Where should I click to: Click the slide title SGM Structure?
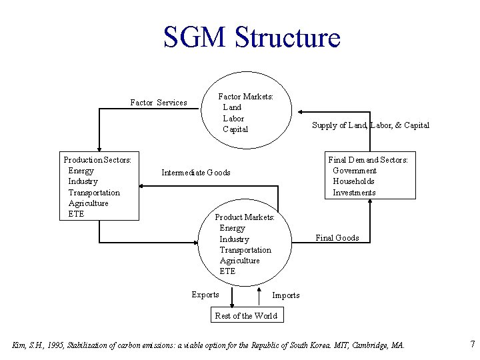(251, 37)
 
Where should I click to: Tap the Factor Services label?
(158, 103)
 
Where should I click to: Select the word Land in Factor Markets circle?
(232, 107)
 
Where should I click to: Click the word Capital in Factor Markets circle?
(235, 129)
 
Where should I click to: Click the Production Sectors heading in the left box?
(97, 159)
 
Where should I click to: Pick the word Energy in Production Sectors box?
(81, 171)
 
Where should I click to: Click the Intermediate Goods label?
(195, 173)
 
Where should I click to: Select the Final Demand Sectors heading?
(368, 159)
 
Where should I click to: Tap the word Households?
(353, 181)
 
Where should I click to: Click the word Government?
(355, 171)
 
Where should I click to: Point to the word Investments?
(354, 193)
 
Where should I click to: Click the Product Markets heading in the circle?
(245, 217)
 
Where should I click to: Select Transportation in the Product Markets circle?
(245, 250)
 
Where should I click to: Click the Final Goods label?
(337, 238)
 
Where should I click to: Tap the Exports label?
(205, 295)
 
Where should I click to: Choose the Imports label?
(286, 295)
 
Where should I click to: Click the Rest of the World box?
(245, 316)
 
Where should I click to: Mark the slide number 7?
(472, 345)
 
